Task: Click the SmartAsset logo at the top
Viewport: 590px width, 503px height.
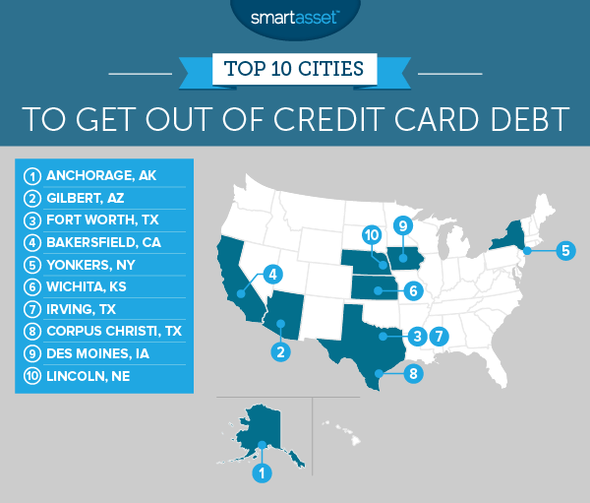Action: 294,16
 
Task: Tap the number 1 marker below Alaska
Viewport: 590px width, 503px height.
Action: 262,473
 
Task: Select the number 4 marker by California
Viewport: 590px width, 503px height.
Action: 273,274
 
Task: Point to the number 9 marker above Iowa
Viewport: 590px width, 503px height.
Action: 401,226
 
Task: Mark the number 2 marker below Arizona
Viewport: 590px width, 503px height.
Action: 280,351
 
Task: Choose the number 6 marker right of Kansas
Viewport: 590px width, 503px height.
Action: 414,291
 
